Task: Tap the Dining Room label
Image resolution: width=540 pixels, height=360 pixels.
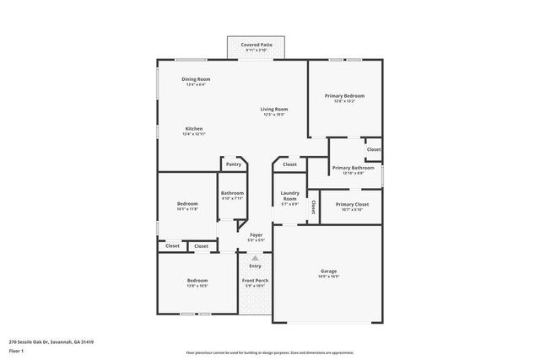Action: tap(195, 79)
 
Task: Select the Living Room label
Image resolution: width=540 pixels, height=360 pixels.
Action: tap(274, 109)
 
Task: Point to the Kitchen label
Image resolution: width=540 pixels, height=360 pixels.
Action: tap(194, 129)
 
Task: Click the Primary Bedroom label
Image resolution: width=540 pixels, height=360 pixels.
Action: tap(344, 96)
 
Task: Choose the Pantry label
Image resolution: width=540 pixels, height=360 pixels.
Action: tap(233, 164)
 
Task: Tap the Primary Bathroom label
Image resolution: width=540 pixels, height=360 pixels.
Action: tap(353, 168)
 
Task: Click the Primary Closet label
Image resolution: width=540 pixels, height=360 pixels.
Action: tap(350, 205)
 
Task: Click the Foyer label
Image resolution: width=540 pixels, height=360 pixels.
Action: tap(256, 235)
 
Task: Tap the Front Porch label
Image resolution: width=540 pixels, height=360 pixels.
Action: tap(255, 280)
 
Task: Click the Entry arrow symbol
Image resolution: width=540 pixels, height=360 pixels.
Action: tap(255, 258)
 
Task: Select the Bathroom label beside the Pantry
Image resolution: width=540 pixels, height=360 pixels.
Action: tap(233, 193)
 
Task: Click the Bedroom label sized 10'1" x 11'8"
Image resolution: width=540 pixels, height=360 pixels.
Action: tap(187, 204)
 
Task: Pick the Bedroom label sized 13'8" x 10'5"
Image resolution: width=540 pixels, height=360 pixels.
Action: tap(197, 280)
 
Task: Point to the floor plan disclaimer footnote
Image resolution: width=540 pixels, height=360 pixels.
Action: tap(270, 352)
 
